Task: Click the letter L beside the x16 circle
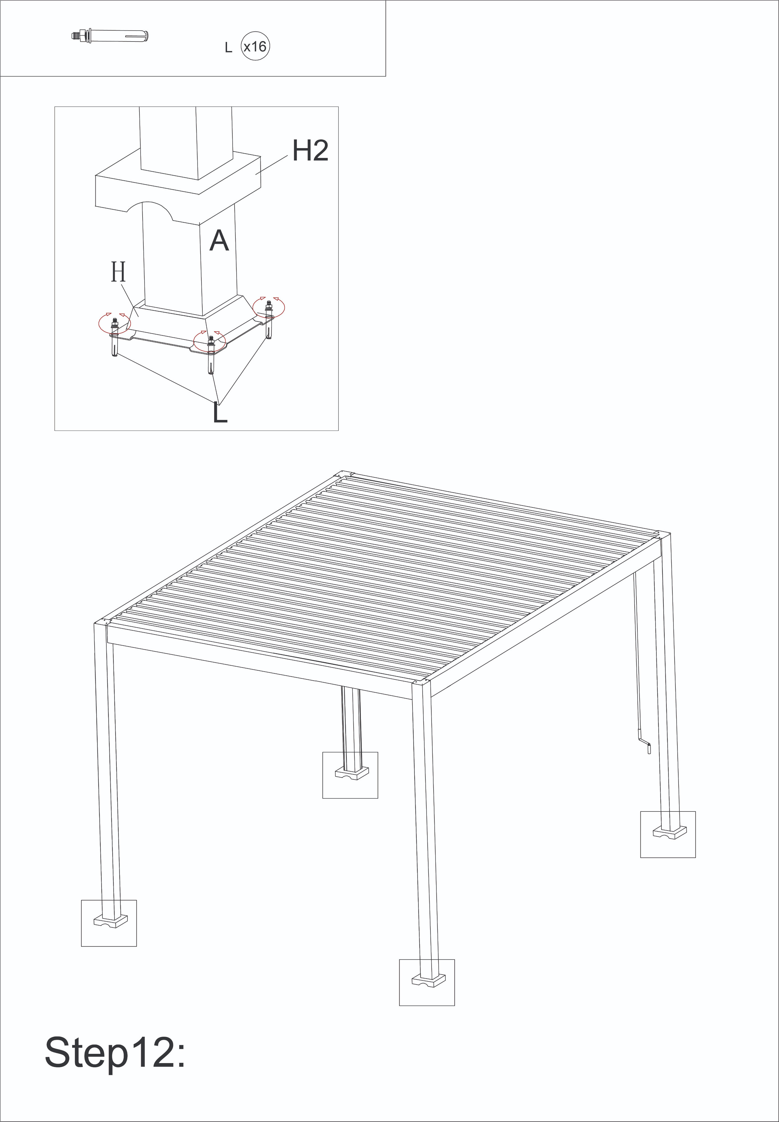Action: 228,48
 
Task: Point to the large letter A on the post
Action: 219,241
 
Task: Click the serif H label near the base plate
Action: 119,272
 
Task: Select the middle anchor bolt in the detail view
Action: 211,354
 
